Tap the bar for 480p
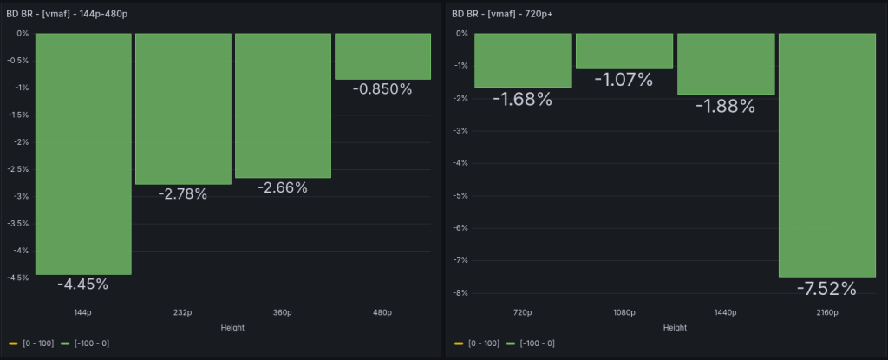pyautogui.click(x=382, y=56)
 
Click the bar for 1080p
pyautogui.click(x=624, y=50)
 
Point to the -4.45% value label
pyautogui.click(x=83, y=284)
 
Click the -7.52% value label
pyautogui.click(x=826, y=288)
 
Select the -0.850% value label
pyautogui.click(x=382, y=88)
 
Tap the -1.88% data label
pyautogui.click(x=725, y=105)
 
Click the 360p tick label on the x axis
pyautogui.click(x=283, y=311)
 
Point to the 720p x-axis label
pyautogui.click(x=523, y=311)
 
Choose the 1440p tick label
pyautogui.click(x=725, y=311)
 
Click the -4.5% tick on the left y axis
pyautogui.click(x=18, y=278)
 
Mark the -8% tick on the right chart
pyautogui.click(x=461, y=293)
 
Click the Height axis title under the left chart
pyautogui.click(x=232, y=327)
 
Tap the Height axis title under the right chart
pyautogui.click(x=675, y=327)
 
